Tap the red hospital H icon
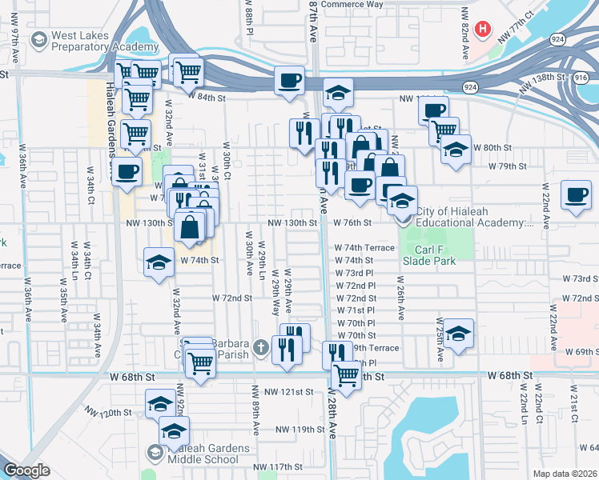point(482,30)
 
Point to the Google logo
point(27,470)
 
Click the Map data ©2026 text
point(563,473)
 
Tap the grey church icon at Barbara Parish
point(260,347)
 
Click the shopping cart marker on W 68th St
point(346,374)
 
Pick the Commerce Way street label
point(352,4)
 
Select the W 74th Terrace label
point(364,248)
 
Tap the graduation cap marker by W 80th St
point(456,150)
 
